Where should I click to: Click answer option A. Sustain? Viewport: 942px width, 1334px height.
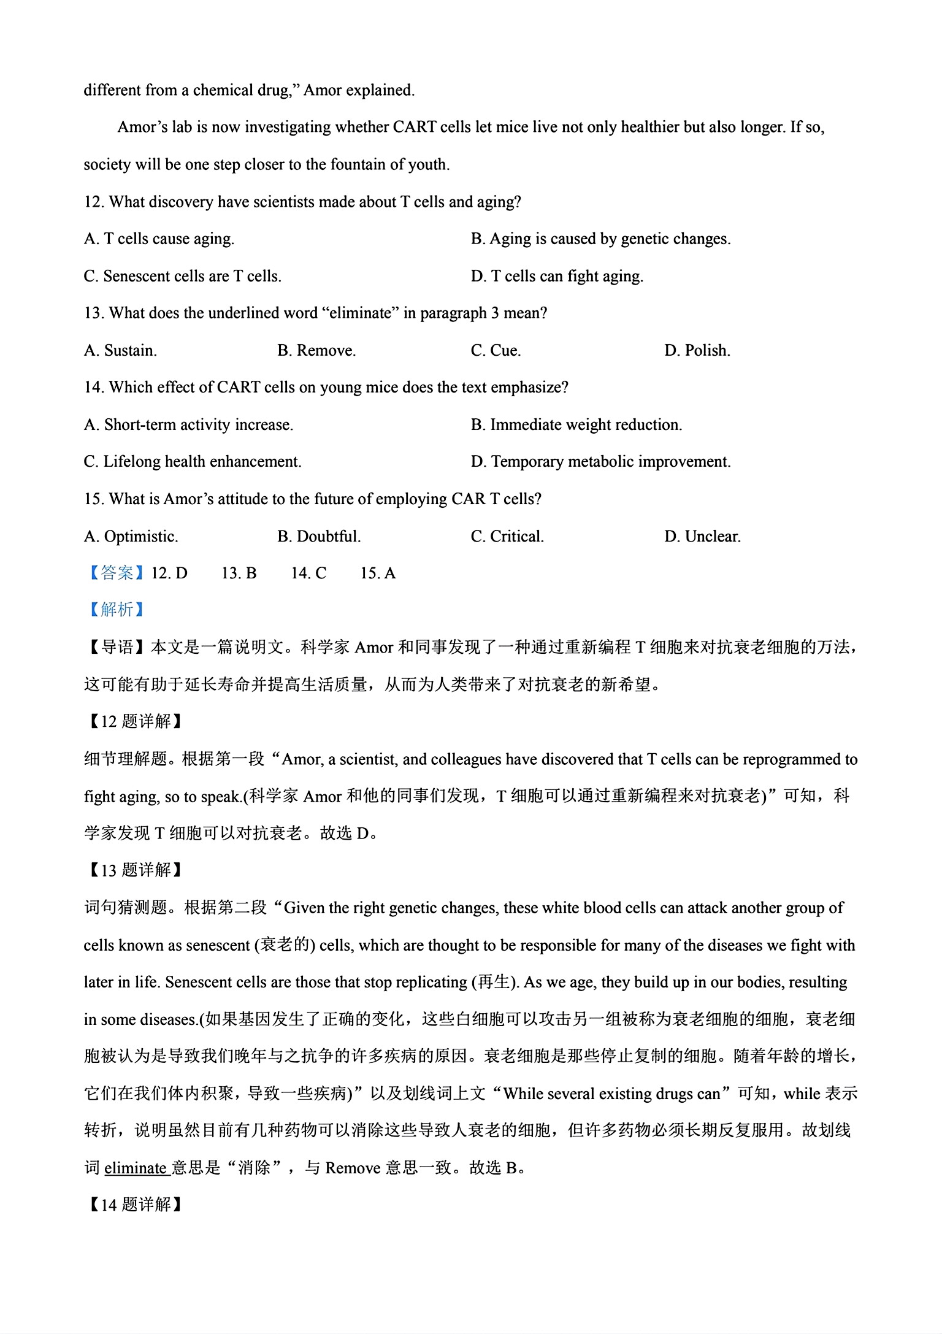120,350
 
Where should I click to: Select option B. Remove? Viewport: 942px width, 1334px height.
316,350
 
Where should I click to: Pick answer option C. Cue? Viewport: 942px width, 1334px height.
496,350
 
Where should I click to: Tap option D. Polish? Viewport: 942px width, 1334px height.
697,350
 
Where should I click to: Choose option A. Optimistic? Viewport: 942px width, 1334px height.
131,536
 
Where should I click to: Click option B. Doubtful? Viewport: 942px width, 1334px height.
319,536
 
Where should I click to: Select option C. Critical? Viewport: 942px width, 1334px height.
507,536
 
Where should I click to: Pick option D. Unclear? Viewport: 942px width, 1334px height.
702,536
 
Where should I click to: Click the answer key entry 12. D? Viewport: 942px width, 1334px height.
169,573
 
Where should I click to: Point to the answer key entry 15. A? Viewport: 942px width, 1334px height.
378,573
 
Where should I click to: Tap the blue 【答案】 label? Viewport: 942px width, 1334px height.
116,573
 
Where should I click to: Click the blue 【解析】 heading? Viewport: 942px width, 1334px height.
116,609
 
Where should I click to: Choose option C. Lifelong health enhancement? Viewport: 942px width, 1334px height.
193,461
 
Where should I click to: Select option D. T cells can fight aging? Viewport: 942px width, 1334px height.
557,276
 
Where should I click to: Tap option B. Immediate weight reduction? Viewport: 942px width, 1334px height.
576,424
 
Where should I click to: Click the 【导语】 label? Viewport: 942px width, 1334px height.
116,647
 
